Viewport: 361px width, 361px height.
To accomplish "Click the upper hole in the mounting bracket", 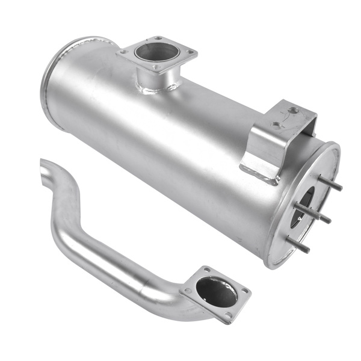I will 292,111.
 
